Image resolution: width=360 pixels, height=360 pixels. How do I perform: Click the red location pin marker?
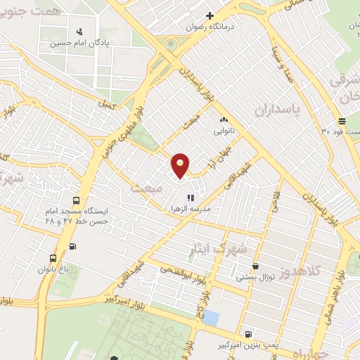[181, 165]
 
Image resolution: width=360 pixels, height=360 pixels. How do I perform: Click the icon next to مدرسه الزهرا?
[190, 198]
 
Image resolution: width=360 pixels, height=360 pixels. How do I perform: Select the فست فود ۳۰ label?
[338, 131]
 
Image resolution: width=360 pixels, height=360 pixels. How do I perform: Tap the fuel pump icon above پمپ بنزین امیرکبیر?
[247, 334]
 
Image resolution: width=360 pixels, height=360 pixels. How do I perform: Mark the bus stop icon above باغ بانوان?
[54, 258]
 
